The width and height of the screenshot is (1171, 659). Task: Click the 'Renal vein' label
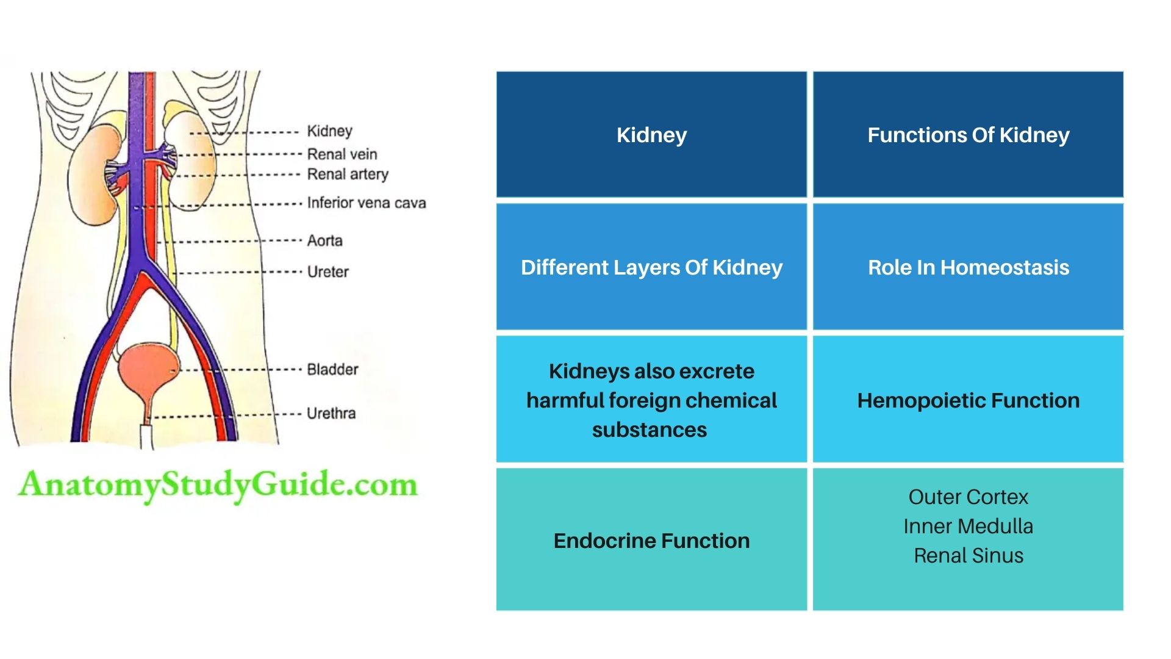click(342, 154)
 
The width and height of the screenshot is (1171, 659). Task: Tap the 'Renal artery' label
click(347, 175)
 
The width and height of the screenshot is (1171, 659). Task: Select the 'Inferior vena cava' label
click(366, 203)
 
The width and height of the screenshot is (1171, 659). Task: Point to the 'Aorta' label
click(324, 240)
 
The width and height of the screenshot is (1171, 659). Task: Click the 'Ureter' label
click(328, 272)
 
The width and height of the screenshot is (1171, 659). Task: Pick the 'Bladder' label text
click(332, 369)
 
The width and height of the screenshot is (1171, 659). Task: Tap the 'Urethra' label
click(331, 413)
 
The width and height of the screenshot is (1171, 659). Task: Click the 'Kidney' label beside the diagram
click(329, 131)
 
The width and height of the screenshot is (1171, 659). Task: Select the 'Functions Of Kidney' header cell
click(968, 135)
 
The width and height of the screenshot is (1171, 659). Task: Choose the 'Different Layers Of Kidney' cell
click(651, 267)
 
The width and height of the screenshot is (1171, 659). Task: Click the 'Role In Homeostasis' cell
click(968, 267)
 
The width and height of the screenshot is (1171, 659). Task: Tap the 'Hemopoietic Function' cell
click(968, 400)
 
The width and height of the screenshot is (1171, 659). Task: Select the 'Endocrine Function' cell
click(651, 541)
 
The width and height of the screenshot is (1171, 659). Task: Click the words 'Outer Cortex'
click(968, 497)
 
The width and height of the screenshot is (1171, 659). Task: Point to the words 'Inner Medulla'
click(968, 526)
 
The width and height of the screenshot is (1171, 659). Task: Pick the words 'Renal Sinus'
click(968, 555)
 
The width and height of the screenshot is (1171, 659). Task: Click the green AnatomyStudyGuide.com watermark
click(218, 485)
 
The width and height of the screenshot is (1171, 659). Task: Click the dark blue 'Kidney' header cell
click(651, 135)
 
